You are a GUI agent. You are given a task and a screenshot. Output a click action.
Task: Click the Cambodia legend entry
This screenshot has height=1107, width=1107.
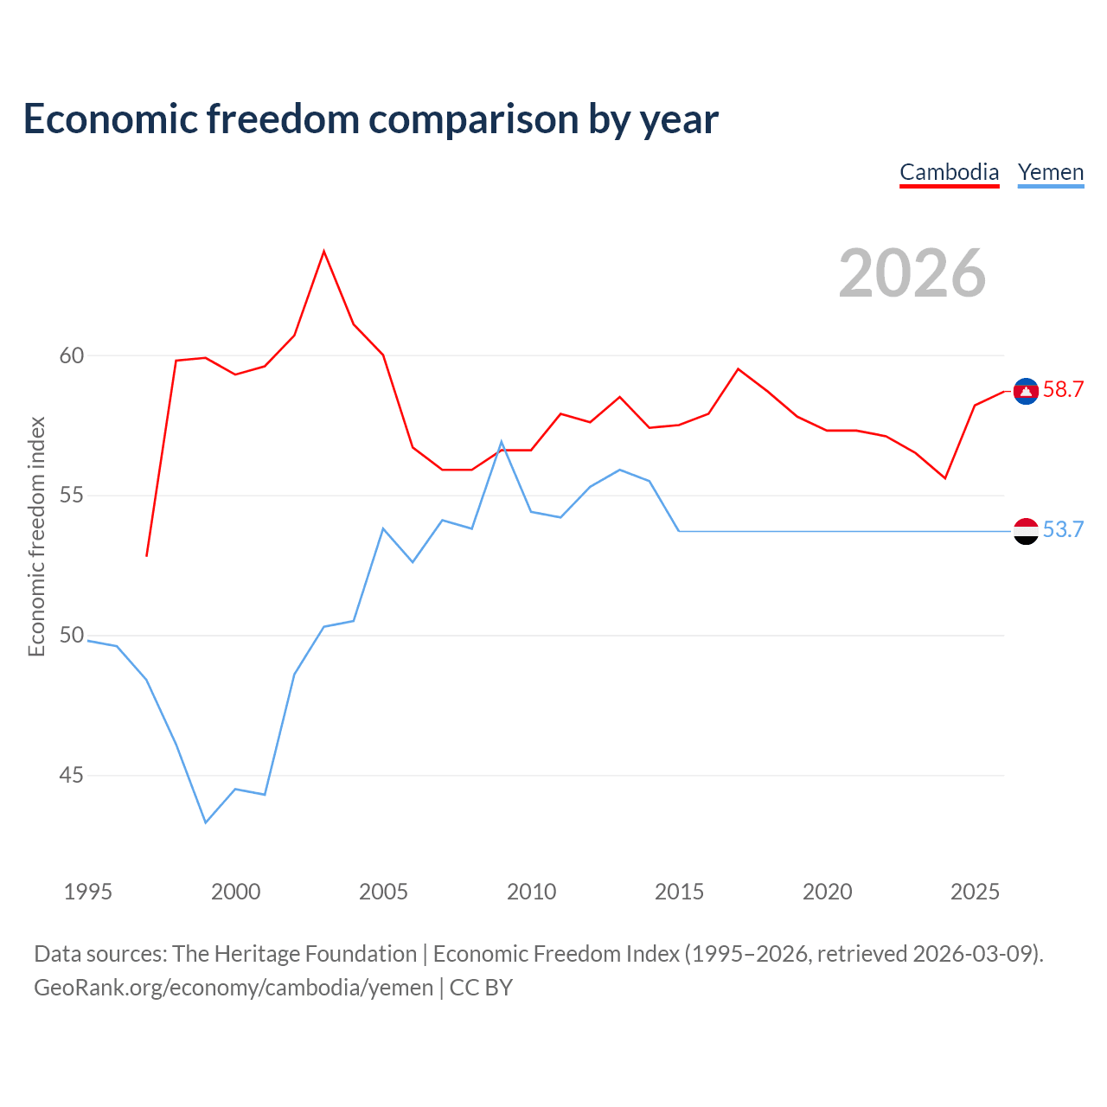(949, 172)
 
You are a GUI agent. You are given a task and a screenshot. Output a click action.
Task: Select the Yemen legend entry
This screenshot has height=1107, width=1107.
(1050, 172)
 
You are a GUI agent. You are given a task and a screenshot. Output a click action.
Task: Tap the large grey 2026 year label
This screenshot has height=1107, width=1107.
(912, 273)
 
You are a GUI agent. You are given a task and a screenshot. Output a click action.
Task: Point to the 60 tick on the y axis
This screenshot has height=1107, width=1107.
(72, 355)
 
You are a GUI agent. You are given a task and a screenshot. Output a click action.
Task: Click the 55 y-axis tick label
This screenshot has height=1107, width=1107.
(72, 496)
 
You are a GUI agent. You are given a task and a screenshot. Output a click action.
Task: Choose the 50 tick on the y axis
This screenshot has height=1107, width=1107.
(72, 636)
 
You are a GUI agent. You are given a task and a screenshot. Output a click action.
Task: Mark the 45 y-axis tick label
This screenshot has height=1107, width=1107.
(72, 775)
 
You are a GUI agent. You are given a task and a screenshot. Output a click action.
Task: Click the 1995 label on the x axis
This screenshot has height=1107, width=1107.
(88, 892)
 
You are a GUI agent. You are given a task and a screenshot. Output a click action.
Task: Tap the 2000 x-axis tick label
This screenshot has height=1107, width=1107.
(235, 892)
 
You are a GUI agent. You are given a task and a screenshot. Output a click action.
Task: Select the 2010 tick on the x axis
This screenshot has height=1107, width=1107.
(531, 892)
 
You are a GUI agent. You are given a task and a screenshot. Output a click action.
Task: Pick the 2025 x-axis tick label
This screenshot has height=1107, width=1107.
(975, 892)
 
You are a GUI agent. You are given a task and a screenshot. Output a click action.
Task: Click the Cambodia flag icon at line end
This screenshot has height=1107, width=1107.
(1026, 392)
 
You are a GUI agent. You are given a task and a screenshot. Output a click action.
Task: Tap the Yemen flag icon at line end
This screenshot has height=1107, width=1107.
(1026, 531)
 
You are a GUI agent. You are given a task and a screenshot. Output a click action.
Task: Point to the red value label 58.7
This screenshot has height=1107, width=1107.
(1064, 389)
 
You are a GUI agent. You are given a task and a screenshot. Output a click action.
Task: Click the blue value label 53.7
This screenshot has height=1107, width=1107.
(1064, 529)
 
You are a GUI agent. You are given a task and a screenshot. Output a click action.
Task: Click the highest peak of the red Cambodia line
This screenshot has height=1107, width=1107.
(324, 251)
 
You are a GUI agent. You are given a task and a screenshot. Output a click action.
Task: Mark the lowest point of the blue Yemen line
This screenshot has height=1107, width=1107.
(206, 822)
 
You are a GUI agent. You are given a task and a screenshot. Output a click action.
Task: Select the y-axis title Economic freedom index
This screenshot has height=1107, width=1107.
(37, 536)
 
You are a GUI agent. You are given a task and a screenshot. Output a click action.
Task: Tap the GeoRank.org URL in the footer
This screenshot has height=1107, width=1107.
(234, 988)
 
